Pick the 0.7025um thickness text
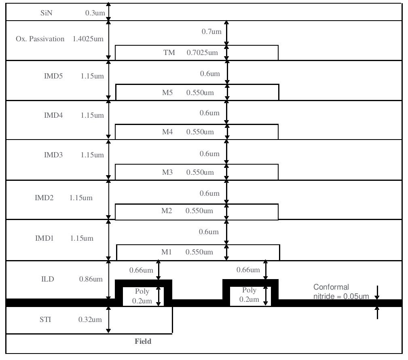tap(202, 53)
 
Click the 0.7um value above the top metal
tap(211, 32)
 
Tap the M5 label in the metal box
tap(167, 93)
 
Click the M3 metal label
tap(167, 172)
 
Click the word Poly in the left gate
tap(142, 291)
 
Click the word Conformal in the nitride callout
tap(331, 287)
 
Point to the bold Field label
tap(143, 341)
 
